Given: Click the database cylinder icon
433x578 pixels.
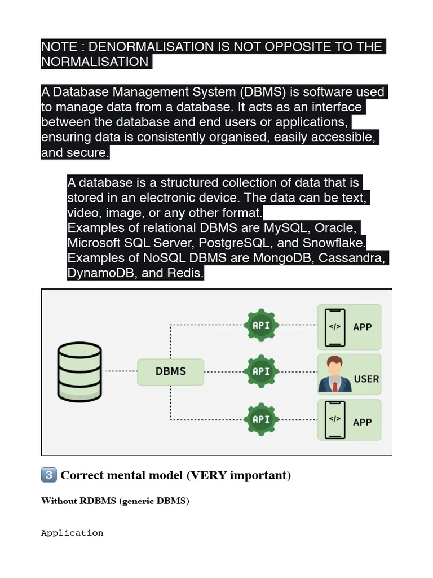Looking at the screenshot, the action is [79, 372].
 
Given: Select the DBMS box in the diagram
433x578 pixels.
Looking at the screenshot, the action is [170, 372].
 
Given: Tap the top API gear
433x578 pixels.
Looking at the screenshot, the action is [261, 325].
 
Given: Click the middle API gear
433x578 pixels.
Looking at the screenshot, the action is [261, 371].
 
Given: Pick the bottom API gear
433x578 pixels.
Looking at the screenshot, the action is [261, 419].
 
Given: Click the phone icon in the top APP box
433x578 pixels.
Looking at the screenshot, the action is [335, 328].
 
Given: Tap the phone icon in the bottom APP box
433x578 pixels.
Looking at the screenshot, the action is [335, 420].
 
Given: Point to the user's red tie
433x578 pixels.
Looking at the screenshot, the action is [335, 387].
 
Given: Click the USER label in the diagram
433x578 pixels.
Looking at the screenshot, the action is [366, 379].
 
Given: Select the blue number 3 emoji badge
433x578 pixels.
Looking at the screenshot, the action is [49, 475].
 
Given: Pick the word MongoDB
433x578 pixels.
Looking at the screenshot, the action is [284, 257].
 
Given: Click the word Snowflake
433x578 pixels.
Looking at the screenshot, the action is [334, 243].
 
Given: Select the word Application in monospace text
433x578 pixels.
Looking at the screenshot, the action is [72, 533].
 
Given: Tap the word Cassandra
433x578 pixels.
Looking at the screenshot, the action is [352, 257].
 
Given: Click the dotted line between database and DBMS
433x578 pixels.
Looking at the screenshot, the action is [122, 371].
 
